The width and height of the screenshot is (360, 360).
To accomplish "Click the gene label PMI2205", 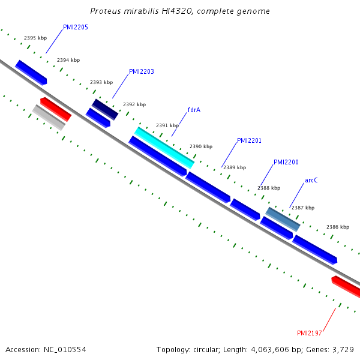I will coord(76,27).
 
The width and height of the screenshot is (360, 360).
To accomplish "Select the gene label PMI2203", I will coord(142,71).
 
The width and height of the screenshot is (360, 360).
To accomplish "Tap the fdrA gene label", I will coord(194,110).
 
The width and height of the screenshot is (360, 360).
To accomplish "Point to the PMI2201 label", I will coord(250,140).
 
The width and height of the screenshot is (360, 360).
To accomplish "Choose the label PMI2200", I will coord(286,162).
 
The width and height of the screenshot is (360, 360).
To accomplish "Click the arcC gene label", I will coord(311,180).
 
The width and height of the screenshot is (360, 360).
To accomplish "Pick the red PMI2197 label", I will coord(310,333).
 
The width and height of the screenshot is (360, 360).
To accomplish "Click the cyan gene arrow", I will coord(164,148).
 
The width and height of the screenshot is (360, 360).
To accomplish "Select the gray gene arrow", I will coord(49,117).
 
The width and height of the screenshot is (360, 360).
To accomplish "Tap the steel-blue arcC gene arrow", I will coord(283,219).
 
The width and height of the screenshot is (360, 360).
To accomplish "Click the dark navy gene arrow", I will coord(105,109).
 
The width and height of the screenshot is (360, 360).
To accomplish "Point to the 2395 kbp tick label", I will coord(35,38).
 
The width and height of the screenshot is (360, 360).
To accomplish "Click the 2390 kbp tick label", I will coord(201,146).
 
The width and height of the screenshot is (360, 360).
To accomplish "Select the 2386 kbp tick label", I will coord(338,227).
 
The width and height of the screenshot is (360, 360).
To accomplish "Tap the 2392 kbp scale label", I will coord(134,104).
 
